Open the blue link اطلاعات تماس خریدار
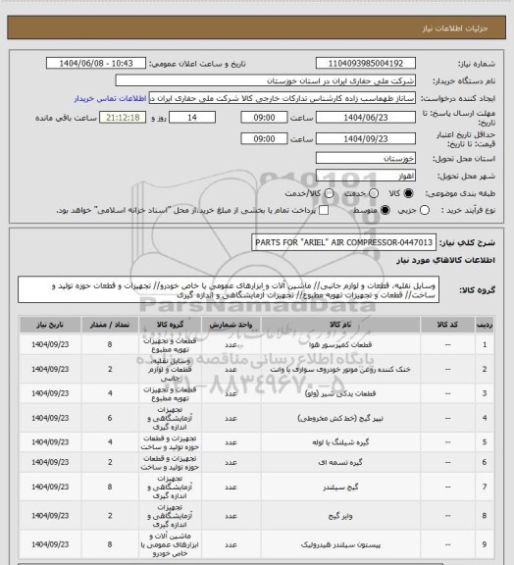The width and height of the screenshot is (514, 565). [111, 99]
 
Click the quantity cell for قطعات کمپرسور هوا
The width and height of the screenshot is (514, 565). [109, 344]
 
